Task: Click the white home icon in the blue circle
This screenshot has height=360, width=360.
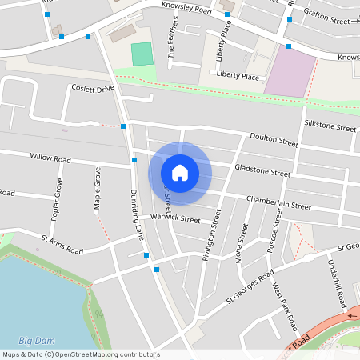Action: coord(180,172)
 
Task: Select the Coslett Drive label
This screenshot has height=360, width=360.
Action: coord(93,89)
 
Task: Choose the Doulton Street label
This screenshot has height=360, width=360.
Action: coord(273,140)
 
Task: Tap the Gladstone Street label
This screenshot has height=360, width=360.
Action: coord(262,170)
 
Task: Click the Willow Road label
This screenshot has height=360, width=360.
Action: coord(50,158)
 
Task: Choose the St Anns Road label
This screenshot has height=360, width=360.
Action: coord(62,244)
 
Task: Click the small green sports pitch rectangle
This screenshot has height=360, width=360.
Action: coord(142,54)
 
